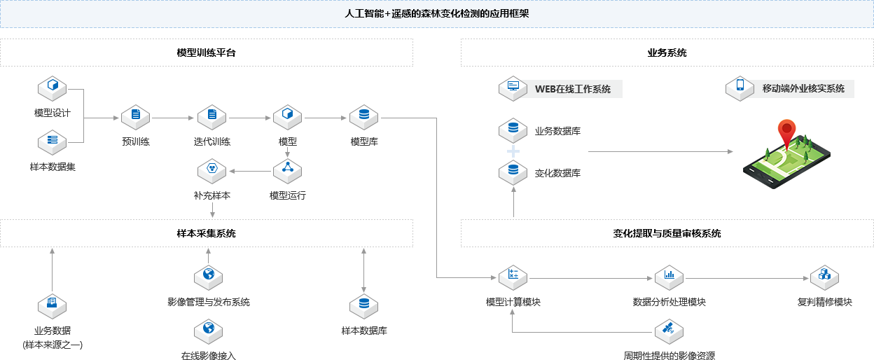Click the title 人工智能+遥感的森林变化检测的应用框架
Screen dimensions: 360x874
(437, 14)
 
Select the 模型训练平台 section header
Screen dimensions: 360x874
(207, 53)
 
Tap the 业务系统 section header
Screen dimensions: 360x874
(667, 53)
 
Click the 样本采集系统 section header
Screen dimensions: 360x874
(207, 233)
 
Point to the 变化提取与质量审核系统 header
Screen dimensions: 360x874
(667, 233)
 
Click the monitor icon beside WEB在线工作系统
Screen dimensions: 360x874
(513, 88)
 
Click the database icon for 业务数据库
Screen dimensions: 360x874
(513, 130)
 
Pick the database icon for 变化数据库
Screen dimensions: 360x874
(513, 171)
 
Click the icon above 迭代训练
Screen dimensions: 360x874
(211, 116)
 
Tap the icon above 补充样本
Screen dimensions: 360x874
(211, 170)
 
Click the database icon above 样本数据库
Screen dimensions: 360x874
(363, 305)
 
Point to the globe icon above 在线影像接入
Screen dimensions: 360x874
(208, 330)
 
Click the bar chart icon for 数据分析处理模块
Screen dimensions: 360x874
(669, 277)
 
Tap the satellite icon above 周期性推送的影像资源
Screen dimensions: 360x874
(669, 330)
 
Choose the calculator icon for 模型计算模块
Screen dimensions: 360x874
(513, 277)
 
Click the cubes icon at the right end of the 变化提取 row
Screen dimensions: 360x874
(824, 277)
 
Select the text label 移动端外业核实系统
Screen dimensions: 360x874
(803, 88)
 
